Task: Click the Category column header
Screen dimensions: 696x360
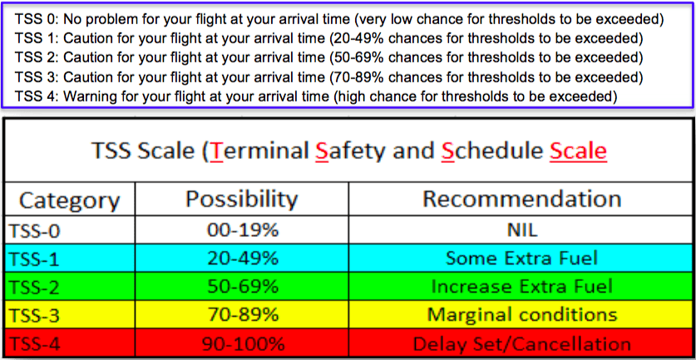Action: pos(70,200)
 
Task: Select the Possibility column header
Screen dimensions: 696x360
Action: pos(242,200)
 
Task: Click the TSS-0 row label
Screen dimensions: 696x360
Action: pos(34,231)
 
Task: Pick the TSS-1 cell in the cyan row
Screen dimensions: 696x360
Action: pos(34,259)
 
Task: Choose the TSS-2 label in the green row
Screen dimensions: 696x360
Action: pos(34,287)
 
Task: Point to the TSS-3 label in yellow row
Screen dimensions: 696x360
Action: pos(34,316)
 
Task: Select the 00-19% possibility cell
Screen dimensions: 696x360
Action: pos(242,230)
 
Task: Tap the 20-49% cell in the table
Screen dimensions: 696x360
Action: pos(242,258)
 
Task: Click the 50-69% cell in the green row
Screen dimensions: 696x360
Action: pos(242,286)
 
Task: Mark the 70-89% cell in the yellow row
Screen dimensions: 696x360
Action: pos(242,315)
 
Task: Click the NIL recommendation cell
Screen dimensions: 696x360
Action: pos(522,230)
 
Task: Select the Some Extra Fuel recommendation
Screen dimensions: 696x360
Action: pos(522,258)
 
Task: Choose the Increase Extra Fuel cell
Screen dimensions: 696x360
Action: pos(522,286)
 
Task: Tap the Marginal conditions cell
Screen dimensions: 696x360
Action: pos(522,315)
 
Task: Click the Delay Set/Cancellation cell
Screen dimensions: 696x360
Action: pos(522,344)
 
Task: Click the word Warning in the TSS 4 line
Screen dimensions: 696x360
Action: pos(83,96)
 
